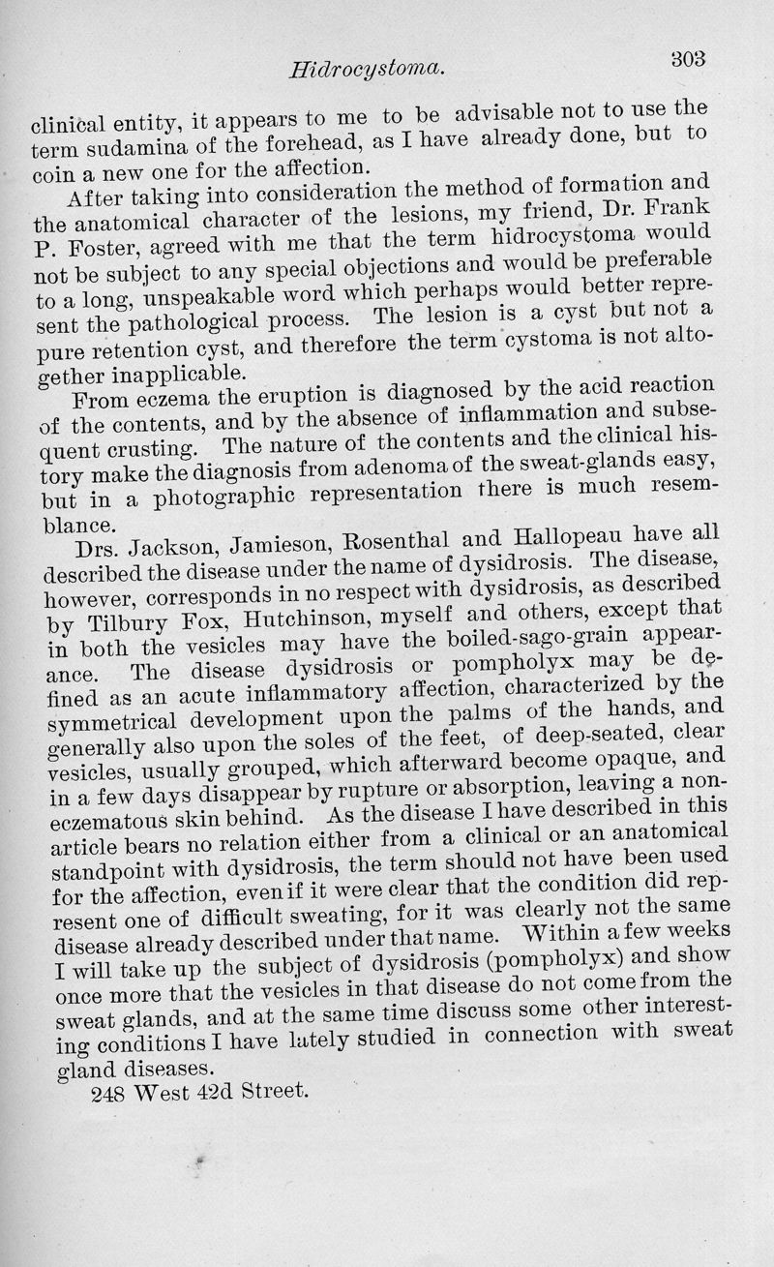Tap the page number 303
tap(691, 57)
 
